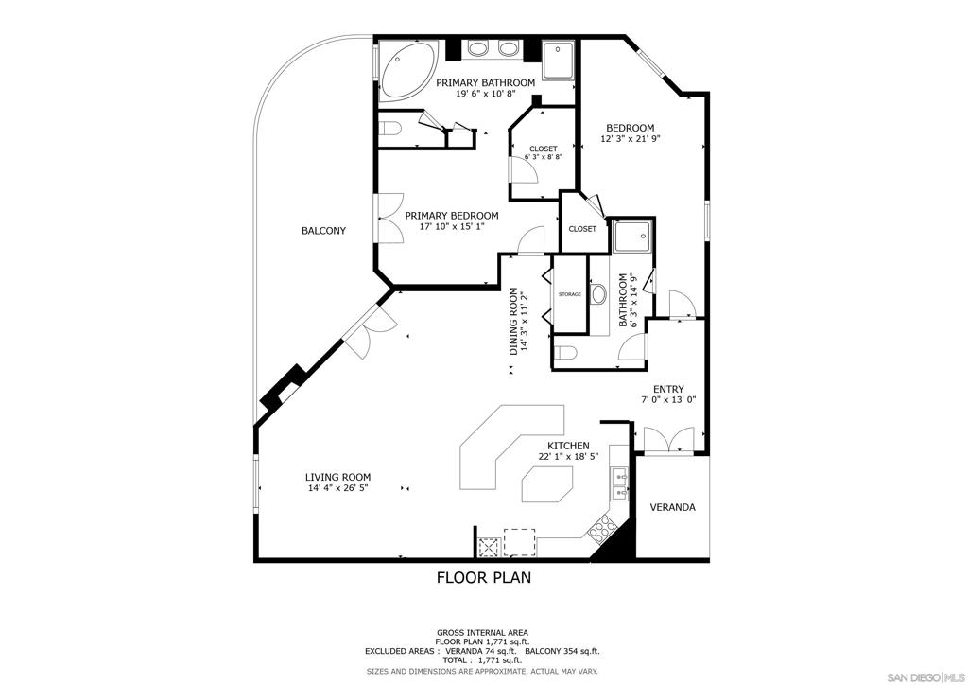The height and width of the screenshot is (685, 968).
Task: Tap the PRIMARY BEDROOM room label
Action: [x=452, y=216]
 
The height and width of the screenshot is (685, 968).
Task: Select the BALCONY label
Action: [x=323, y=231]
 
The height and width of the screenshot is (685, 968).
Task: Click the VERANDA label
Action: [x=672, y=508]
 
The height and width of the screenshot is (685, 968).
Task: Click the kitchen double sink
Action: [x=620, y=483]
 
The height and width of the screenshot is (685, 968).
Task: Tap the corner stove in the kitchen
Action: [x=601, y=531]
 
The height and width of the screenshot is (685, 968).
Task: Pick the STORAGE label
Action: [x=569, y=294]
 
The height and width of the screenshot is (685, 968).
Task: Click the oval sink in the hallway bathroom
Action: [x=598, y=294]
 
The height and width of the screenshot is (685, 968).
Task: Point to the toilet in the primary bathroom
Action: [x=391, y=129]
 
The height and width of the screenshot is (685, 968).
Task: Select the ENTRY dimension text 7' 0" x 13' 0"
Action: [x=668, y=400]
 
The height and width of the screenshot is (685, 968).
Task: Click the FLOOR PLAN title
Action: [x=483, y=577]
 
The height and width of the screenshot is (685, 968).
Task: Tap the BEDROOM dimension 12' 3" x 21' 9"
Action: [x=630, y=138]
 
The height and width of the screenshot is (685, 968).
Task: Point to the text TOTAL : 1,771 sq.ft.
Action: [x=482, y=660]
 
